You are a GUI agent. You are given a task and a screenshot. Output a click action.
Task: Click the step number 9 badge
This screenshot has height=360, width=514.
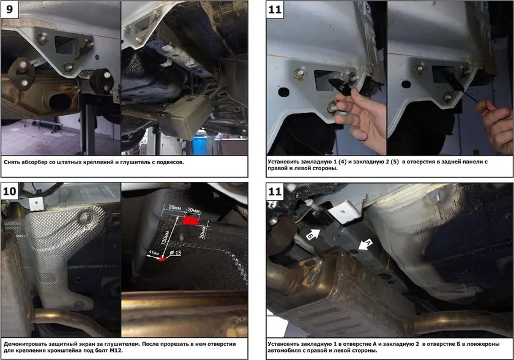point(10,9)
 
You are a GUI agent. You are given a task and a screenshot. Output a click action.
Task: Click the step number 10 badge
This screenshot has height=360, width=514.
point(10,190)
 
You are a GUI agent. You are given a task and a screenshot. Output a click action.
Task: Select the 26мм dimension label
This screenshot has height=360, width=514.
point(175,208)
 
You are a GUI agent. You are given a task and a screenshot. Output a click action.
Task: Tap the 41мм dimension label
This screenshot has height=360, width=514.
point(154,253)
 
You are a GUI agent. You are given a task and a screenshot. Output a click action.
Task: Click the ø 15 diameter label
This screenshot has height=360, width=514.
point(176,253)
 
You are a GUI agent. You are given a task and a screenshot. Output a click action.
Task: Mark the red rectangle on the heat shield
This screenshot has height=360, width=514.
point(191,220)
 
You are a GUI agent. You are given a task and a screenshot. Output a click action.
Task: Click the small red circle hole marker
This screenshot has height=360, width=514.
point(162,259)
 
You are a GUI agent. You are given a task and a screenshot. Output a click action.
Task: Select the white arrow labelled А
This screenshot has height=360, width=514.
point(365,244)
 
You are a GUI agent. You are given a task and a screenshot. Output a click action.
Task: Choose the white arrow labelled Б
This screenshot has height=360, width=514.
point(313,234)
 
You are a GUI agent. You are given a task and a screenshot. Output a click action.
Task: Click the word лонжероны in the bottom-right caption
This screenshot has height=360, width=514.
point(483,344)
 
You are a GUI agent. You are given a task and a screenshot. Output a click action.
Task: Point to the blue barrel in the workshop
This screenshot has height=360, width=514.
point(199,142)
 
